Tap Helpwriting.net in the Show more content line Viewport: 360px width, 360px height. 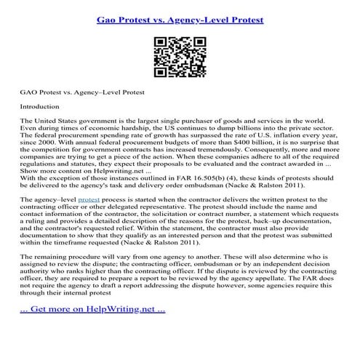[94, 167]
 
